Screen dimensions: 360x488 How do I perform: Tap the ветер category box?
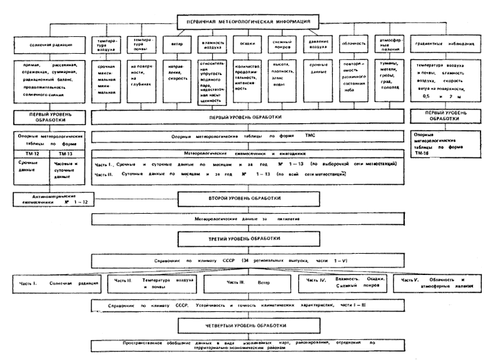click(x=172, y=46)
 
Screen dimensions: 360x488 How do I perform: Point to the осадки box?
click(x=243, y=46)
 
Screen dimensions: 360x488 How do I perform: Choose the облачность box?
click(x=350, y=46)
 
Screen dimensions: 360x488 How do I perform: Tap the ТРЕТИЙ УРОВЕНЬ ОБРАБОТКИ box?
click(x=250, y=238)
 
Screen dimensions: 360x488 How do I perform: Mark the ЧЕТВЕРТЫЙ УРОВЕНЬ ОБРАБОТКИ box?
click(x=250, y=325)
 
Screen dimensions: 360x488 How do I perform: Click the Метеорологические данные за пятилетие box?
click(x=250, y=220)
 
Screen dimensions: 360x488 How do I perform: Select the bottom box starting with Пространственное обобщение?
click(x=250, y=345)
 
